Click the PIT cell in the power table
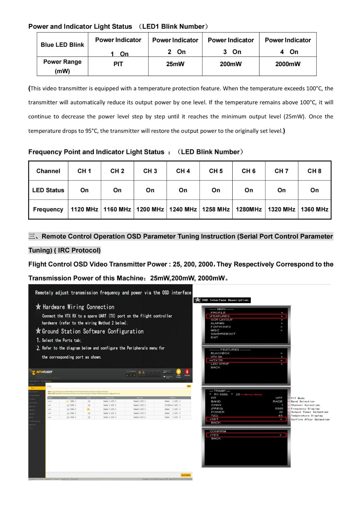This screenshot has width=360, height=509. tap(118, 64)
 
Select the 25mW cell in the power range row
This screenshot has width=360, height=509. tap(175, 64)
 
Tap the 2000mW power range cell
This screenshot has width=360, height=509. tap(288, 64)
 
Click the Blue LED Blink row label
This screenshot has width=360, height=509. tap(62, 45)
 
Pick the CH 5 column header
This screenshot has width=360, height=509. tap(216, 171)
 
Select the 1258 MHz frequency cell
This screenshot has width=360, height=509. tap(216, 209)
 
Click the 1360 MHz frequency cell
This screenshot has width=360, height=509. tap(314, 209)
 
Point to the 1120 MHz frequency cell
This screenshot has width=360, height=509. tap(84, 209)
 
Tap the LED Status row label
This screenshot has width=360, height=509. tap(48, 190)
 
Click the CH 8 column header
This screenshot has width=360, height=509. tap(314, 171)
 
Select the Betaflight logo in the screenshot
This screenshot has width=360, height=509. tap(41, 372)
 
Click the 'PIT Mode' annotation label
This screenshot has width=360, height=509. tap(298, 398)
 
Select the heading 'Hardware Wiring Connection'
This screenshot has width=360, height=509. tap(78, 307)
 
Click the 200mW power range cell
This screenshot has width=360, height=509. tap(231, 64)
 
